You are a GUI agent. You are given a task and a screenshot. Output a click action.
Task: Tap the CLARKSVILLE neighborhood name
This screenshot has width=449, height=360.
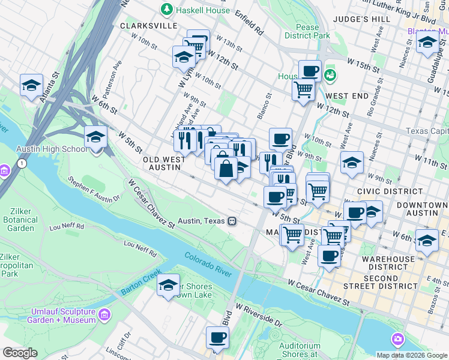[x=148, y=26]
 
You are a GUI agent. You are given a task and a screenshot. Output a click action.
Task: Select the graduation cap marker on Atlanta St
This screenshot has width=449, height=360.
[x=31, y=86]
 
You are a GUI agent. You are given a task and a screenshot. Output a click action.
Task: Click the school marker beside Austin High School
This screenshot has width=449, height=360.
[x=95, y=137]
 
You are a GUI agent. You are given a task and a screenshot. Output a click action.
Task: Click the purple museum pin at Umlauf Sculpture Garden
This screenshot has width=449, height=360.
[x=104, y=314]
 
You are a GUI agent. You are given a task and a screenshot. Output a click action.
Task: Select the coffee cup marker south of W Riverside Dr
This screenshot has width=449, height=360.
[x=217, y=338]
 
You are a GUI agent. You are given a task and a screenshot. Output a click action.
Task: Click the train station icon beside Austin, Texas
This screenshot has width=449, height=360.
[x=231, y=221]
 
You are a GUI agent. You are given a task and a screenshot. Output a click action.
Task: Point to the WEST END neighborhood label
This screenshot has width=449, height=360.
[x=347, y=96]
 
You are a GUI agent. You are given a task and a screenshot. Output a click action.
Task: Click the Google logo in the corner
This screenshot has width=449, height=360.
[x=20, y=353]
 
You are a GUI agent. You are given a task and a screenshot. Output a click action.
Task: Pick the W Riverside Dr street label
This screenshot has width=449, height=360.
[x=259, y=314]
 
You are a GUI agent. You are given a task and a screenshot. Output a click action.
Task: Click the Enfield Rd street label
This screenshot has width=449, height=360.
[x=249, y=21]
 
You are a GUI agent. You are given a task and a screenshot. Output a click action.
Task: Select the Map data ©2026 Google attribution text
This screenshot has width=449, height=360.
[x=412, y=355]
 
